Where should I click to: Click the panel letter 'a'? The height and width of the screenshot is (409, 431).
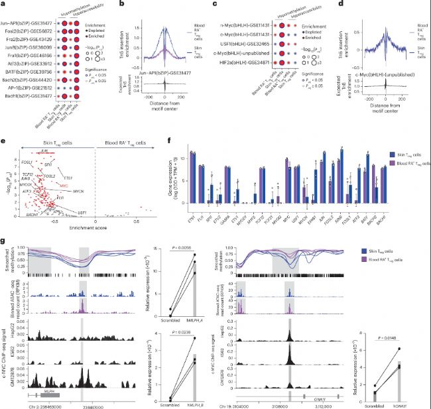click(x=4, y=4)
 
